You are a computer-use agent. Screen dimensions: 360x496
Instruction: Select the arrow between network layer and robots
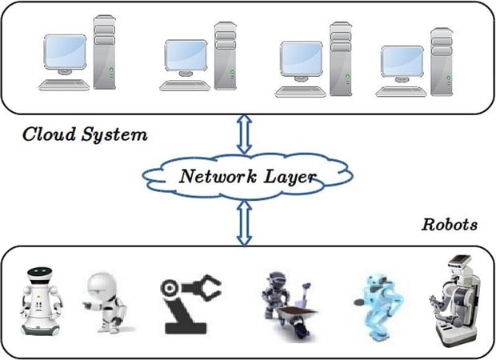pyautogui.click(x=245, y=222)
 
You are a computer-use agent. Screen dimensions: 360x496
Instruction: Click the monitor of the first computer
pyautogui.click(x=65, y=52)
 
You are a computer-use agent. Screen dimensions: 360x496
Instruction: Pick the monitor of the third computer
pyautogui.click(x=302, y=59)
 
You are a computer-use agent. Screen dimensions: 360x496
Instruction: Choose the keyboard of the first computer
pyautogui.click(x=64, y=84)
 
